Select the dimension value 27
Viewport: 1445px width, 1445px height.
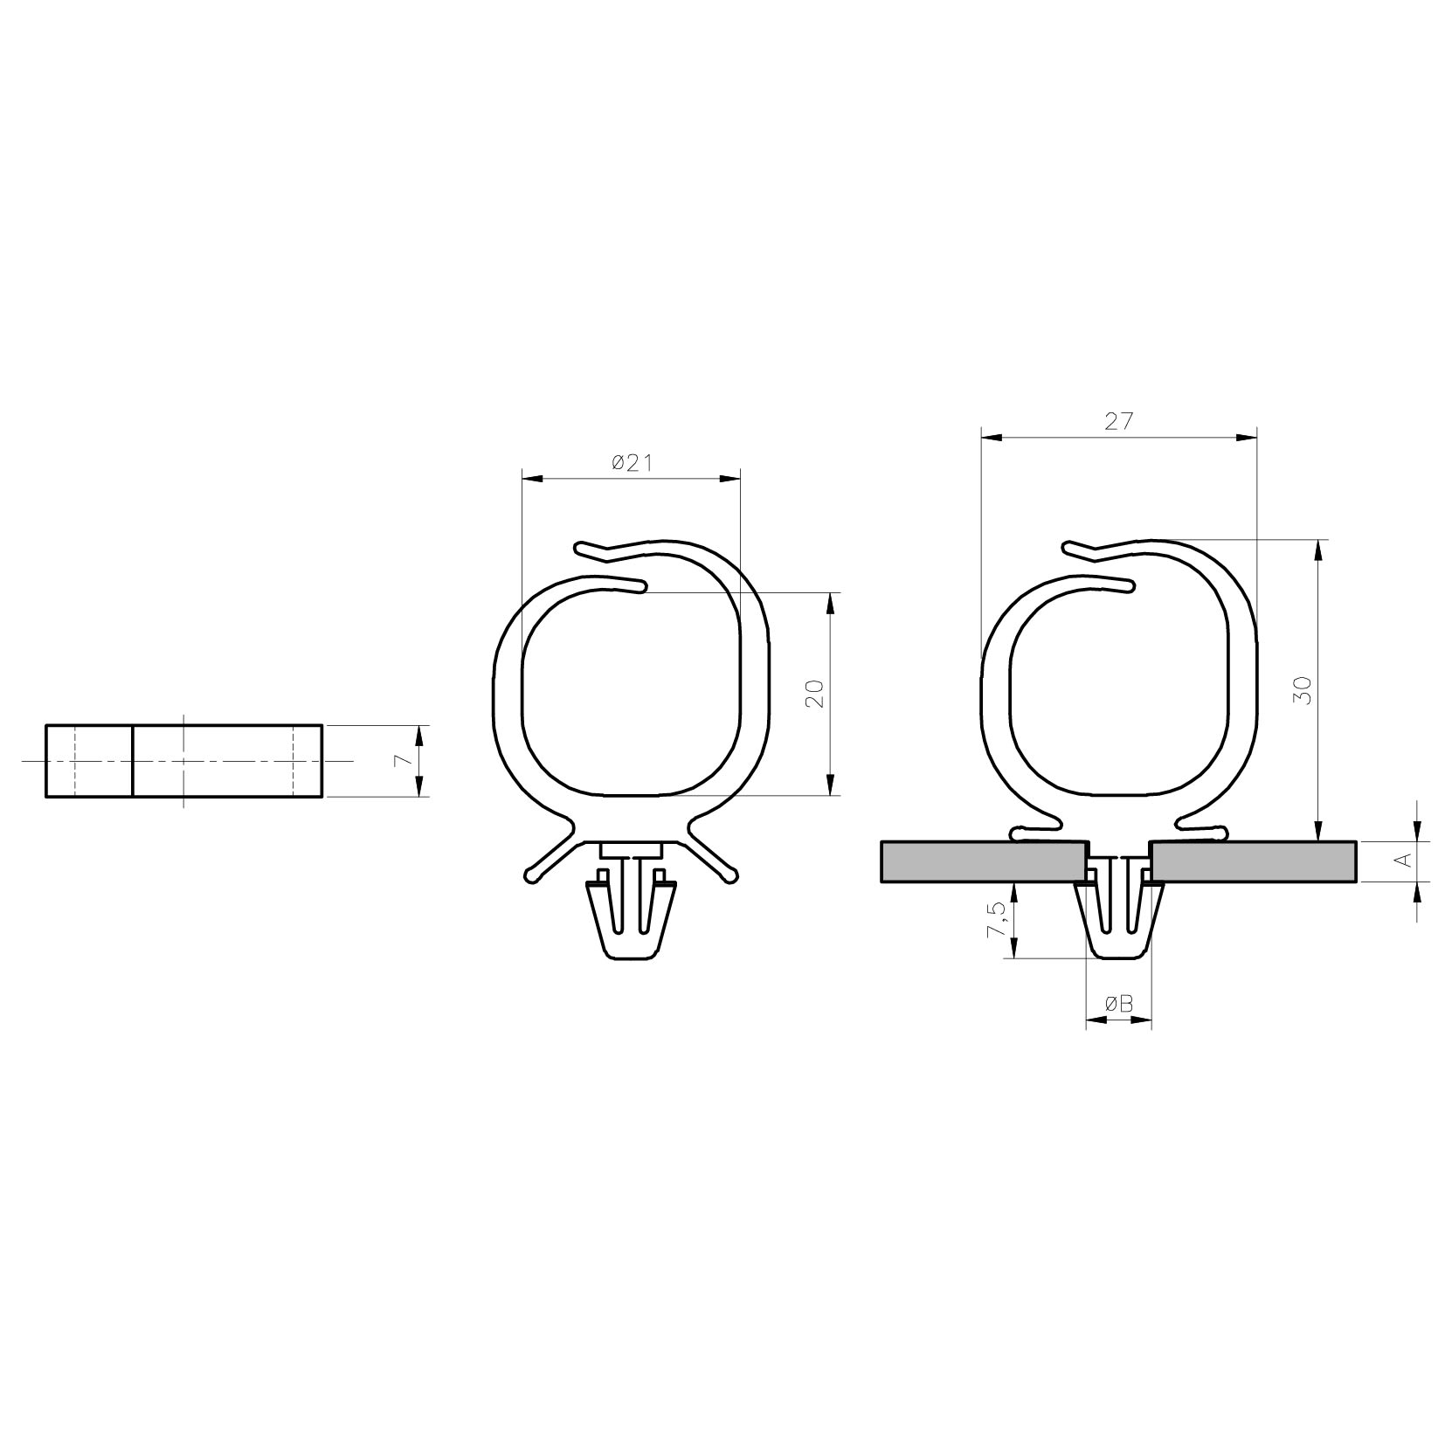[1119, 422]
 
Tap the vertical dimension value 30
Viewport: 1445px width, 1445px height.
[1304, 691]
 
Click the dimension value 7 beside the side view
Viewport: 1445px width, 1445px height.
[403, 761]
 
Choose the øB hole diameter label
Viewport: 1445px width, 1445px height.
[1119, 1005]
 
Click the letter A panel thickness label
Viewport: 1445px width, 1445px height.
[1403, 861]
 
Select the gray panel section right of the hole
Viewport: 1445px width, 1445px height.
[1255, 861]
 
